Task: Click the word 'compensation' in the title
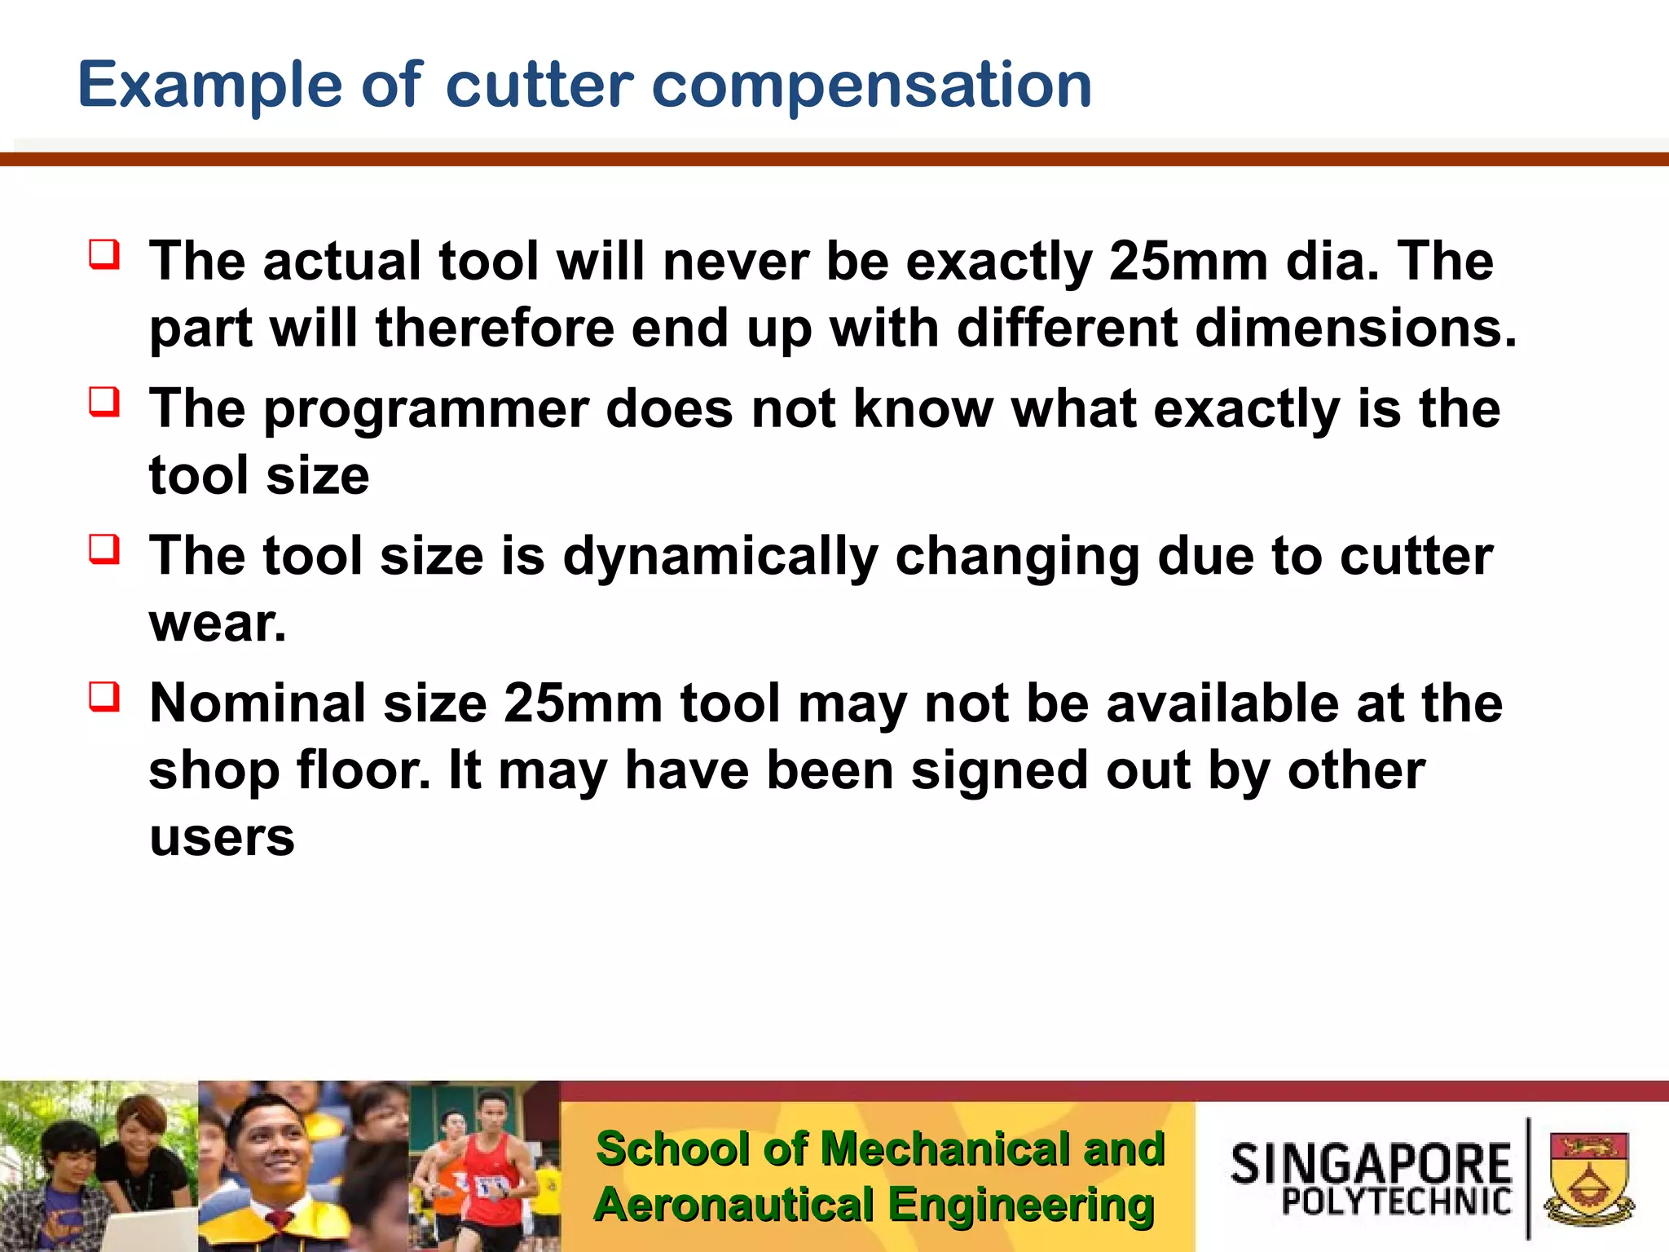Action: (x=871, y=86)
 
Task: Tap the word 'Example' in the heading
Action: (x=210, y=86)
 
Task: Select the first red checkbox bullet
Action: (x=105, y=254)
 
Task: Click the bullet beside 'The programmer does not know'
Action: (x=105, y=402)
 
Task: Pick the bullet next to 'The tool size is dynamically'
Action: (x=105, y=549)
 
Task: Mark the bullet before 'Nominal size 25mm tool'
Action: (x=105, y=697)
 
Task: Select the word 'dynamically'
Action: (x=720, y=558)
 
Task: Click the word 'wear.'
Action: (x=218, y=624)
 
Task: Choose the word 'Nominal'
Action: (x=258, y=703)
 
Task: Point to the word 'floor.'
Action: (x=363, y=771)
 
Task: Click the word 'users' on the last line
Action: (x=222, y=838)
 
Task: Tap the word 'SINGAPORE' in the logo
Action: (x=1371, y=1164)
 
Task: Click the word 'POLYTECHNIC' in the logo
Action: (x=1396, y=1201)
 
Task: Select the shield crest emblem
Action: (x=1588, y=1177)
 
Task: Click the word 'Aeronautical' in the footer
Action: (x=733, y=1206)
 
